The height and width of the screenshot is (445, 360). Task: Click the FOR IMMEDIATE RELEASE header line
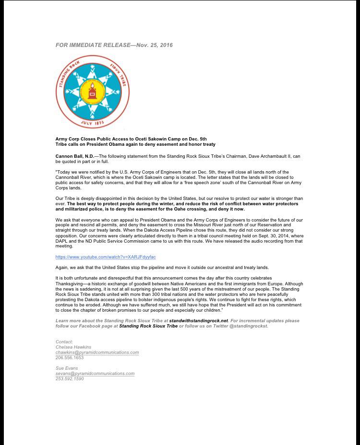pyautogui.click(x=114, y=45)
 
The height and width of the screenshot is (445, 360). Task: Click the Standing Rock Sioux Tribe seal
pyautogui.click(x=92, y=92)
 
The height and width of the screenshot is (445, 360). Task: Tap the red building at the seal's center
pyautogui.click(x=92, y=90)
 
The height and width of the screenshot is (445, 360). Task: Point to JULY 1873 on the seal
pyautogui.click(x=92, y=123)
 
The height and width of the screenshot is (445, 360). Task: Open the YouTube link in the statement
pyautogui.click(x=106, y=257)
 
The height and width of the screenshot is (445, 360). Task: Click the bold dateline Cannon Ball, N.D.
pyautogui.click(x=75, y=156)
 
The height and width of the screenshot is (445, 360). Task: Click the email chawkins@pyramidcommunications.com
pyautogui.click(x=97, y=352)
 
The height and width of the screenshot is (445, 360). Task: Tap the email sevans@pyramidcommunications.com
pyautogui.click(x=95, y=374)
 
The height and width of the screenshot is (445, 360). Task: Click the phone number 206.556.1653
pyautogui.click(x=70, y=358)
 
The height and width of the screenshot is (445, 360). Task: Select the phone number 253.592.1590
pyautogui.click(x=70, y=379)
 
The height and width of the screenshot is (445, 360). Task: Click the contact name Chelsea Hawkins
pyautogui.click(x=73, y=347)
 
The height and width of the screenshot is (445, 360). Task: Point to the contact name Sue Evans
pyautogui.click(x=67, y=368)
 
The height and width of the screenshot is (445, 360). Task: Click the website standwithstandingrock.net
pyautogui.click(x=198, y=321)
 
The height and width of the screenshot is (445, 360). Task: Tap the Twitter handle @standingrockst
pyautogui.click(x=248, y=326)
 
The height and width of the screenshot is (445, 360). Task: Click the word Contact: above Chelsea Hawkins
pyautogui.click(x=64, y=342)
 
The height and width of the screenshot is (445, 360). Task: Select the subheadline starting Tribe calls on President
pyautogui.click(x=135, y=144)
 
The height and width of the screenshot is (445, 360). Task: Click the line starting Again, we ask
pyautogui.click(x=162, y=268)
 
